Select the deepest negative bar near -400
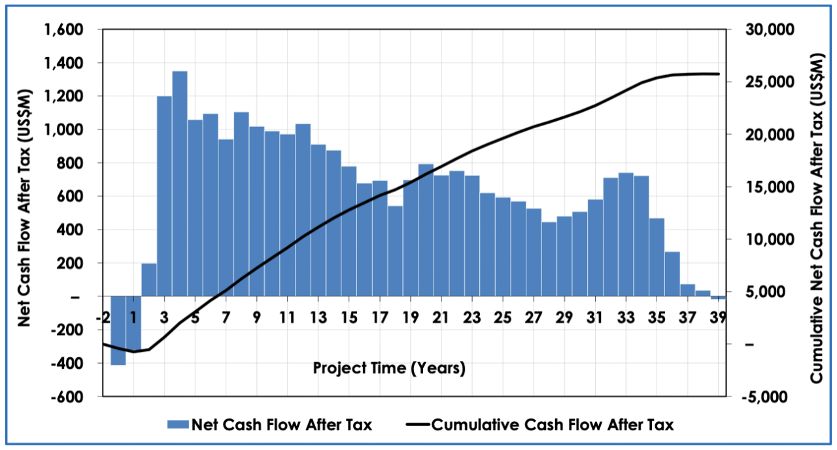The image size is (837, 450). click(x=118, y=330)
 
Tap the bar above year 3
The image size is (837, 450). click(x=164, y=196)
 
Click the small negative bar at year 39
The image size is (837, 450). click(x=718, y=298)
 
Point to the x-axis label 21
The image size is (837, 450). click(x=441, y=318)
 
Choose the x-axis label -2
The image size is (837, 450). click(x=103, y=318)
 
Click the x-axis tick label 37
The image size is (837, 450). click(x=687, y=318)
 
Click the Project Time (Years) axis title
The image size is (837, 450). click(x=389, y=368)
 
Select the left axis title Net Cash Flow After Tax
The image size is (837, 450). click(x=24, y=213)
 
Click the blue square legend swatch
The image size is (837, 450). click(x=177, y=424)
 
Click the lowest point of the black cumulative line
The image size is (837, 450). click(x=133, y=352)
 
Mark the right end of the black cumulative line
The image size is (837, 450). click(x=719, y=74)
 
